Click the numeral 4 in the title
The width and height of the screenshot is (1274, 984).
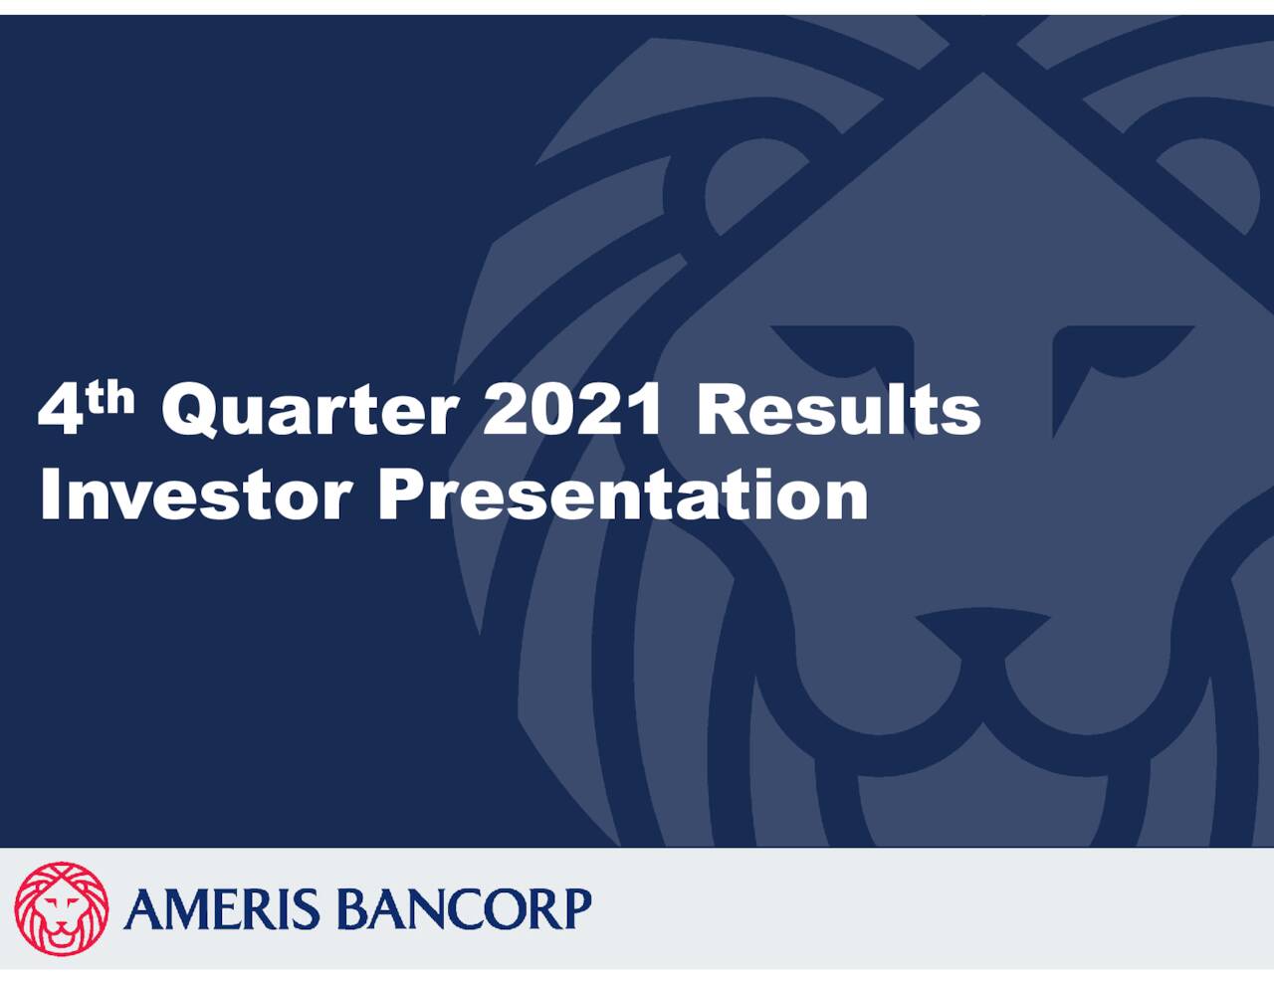(60, 410)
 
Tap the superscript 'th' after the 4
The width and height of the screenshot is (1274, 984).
(111, 398)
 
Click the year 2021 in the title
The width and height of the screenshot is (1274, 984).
(572, 410)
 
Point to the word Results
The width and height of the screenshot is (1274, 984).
(838, 410)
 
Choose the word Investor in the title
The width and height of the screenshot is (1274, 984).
(195, 495)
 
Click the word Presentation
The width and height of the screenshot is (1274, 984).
(623, 495)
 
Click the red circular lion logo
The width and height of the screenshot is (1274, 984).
(62, 908)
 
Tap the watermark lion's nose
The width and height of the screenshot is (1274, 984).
(982, 633)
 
